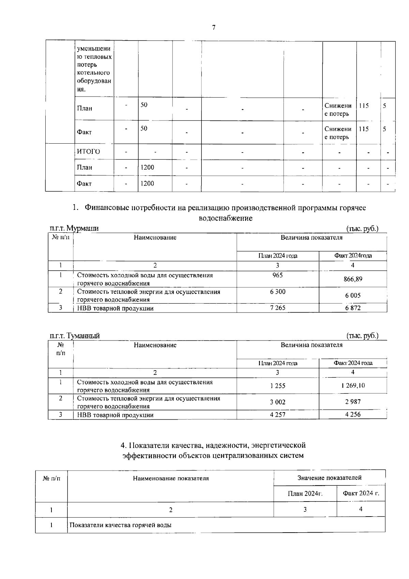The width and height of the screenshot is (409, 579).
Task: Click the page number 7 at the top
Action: (x=214, y=28)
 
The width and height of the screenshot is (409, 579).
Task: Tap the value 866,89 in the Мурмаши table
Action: (x=353, y=279)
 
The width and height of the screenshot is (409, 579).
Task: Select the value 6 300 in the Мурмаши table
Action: (x=278, y=292)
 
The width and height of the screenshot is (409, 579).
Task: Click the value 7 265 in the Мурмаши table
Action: (x=278, y=308)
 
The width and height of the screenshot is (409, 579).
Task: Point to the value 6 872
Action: (x=353, y=308)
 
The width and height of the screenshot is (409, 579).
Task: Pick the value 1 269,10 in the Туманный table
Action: (x=353, y=386)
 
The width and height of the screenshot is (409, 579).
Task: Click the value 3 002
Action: (x=278, y=402)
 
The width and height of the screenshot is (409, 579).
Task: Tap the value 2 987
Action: (x=353, y=402)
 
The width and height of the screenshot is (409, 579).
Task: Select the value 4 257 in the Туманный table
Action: (x=278, y=415)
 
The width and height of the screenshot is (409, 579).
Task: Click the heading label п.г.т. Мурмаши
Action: (x=74, y=228)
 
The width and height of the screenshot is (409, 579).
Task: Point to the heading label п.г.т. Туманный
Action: (x=75, y=336)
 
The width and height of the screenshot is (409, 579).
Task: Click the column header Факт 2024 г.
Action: (x=361, y=493)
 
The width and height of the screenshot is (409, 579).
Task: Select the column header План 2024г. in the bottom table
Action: (x=305, y=493)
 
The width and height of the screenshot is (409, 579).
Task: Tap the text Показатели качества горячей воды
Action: (x=120, y=525)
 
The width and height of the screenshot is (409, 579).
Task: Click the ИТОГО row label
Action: (x=88, y=151)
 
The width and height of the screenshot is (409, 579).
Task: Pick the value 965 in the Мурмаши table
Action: (x=278, y=275)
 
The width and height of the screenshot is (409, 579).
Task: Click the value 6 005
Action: (x=353, y=295)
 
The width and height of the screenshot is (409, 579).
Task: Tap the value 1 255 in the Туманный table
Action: (x=278, y=386)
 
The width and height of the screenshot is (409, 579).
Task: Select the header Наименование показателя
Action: (x=171, y=478)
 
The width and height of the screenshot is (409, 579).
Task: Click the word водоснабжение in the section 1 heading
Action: (x=225, y=218)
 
